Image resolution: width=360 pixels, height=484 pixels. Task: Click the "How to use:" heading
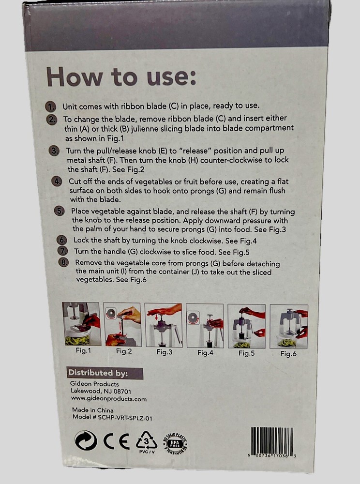tap(121, 77)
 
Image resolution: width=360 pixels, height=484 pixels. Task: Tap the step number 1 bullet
tap(50, 106)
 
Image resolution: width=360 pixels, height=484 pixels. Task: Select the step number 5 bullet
tap(59, 211)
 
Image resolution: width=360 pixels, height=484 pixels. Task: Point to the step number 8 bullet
tap(63, 262)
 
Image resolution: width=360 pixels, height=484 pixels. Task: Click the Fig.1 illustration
tap(81, 324)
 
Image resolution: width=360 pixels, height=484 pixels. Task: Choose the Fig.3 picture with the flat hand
tap(163, 325)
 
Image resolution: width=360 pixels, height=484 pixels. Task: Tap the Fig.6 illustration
tap(289, 326)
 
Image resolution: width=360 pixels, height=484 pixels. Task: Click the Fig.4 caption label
tap(205, 352)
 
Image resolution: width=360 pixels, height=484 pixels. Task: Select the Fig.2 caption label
tap(124, 351)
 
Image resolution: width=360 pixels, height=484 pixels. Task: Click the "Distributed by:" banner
tap(105, 373)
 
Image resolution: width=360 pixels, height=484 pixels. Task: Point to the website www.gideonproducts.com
tap(109, 399)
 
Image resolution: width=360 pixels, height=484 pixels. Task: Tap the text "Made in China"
tap(92, 410)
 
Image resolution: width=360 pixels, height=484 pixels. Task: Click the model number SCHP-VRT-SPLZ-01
tap(125, 418)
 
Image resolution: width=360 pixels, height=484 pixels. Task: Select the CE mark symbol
tap(116, 442)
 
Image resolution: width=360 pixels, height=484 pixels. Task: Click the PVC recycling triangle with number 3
tap(147, 442)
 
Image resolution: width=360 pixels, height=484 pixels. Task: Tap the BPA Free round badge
tap(175, 444)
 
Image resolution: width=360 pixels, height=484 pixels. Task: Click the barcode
tap(272, 442)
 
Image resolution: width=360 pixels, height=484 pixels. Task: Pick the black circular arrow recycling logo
tap(86, 440)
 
